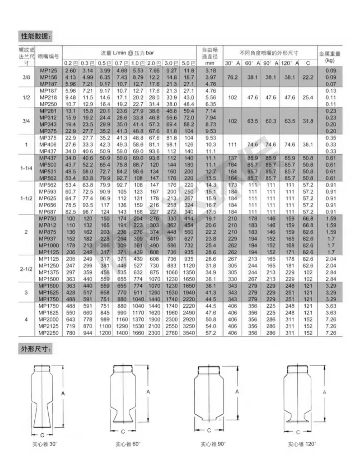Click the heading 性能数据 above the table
coord(35,36)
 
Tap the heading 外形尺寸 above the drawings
coord(35,349)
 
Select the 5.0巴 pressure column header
coord(188,63)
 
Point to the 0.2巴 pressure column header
coord(71,63)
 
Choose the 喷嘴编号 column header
coord(49,56)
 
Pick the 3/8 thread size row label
coord(26,77)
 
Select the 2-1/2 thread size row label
coord(26,269)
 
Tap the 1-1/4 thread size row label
coord(26,168)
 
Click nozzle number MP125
coord(49,71)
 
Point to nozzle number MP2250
coord(49,333)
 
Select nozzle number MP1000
coord(49,246)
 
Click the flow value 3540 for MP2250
coord(189,333)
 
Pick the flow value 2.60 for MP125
coord(71,71)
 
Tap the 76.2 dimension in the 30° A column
coord(232,77)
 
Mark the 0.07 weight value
coord(331,84)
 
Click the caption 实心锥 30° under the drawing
coord(45,444)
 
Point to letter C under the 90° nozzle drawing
coord(209,430)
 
